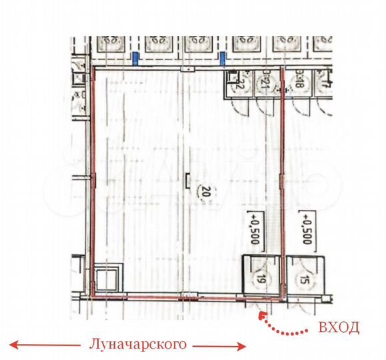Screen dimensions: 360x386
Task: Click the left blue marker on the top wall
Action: click(136, 59)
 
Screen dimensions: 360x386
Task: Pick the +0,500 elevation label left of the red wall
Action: click(253, 229)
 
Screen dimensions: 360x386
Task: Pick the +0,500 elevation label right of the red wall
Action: click(307, 229)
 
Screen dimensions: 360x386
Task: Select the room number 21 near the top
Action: click(265, 82)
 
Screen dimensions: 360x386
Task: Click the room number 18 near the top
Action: click(301, 82)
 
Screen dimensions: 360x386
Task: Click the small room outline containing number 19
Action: click(259, 273)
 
